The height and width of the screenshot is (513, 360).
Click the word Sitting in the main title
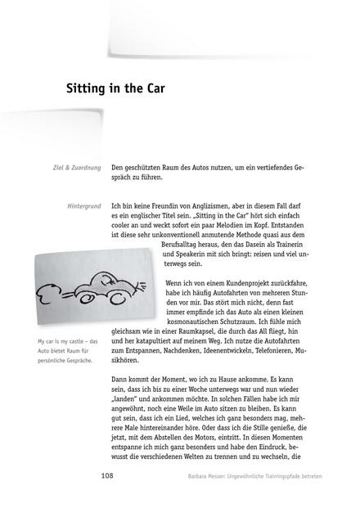pyautogui.click(x=90, y=90)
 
